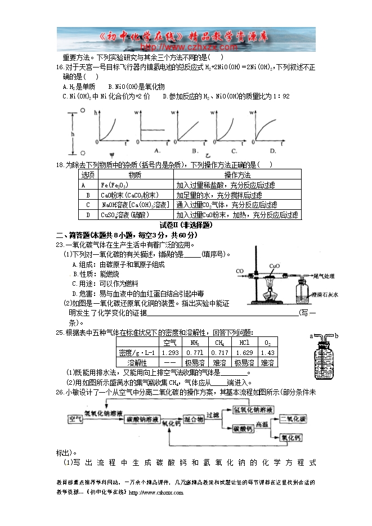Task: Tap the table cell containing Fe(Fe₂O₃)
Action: tap(114, 185)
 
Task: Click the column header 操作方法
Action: tap(237, 176)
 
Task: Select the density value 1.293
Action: tap(169, 353)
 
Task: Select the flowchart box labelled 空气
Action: tap(74, 419)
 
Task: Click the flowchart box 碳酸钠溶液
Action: tap(141, 420)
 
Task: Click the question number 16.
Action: tap(60, 67)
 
